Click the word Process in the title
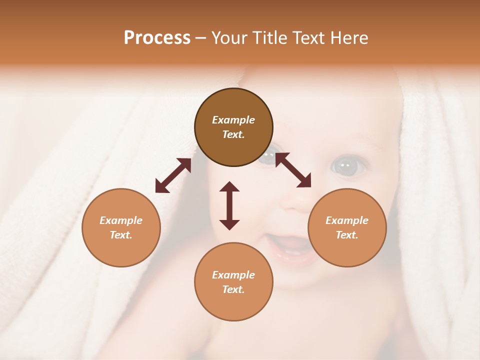click(157, 38)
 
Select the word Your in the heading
click(229, 38)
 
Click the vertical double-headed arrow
click(229, 205)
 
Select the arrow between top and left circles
click(173, 175)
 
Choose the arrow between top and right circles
click(293, 170)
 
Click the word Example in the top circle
click(233, 120)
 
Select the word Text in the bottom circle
click(233, 289)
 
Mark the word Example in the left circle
click(121, 220)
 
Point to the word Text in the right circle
click(347, 235)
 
